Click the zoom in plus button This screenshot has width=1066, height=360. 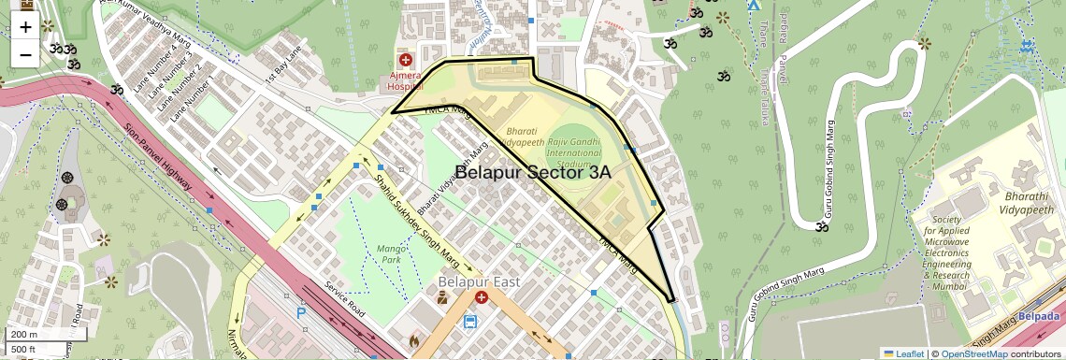coord(25,26)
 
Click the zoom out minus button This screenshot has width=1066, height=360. coord(25,54)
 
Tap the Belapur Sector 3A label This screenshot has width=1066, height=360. coord(533,172)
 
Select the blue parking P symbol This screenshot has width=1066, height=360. coord(301,314)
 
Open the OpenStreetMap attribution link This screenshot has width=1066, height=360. coord(973,353)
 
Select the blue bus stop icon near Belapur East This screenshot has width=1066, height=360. coord(469,322)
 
